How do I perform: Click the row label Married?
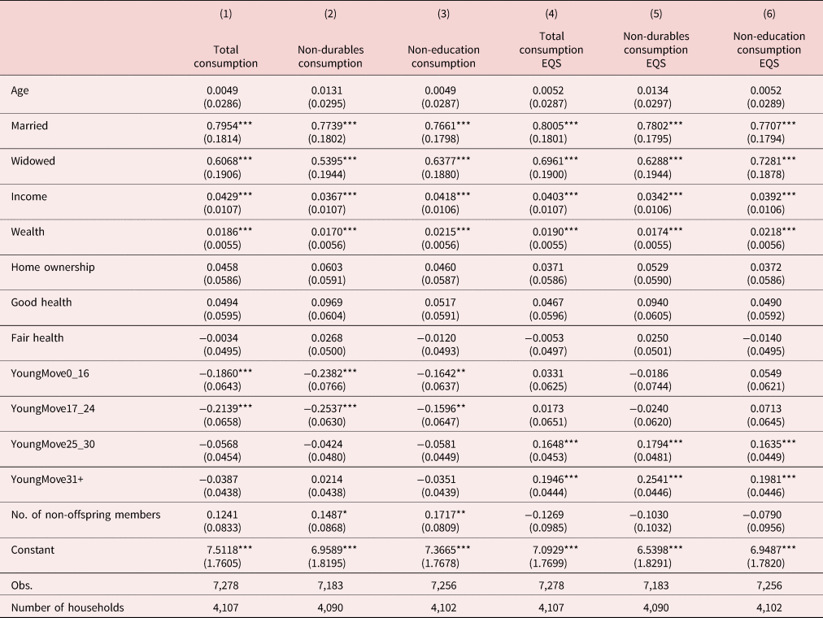tap(29, 126)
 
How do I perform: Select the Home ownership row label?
tap(53, 267)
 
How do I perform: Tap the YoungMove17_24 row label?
tap(53, 409)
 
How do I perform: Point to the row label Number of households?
tap(67, 607)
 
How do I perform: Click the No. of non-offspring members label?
tap(85, 515)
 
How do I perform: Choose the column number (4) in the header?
tap(551, 14)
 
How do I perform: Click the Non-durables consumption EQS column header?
tap(656, 50)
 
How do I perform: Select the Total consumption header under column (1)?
tap(226, 57)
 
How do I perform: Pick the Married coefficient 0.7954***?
tap(229, 126)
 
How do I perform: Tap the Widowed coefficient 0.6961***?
tap(555, 161)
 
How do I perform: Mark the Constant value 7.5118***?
tap(229, 550)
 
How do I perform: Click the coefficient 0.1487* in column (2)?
tap(329, 515)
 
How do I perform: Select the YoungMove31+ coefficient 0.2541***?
tap(660, 480)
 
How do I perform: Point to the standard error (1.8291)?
tap(652, 564)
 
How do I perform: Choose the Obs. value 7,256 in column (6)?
tap(769, 585)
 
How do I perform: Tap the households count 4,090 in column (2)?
tap(330, 607)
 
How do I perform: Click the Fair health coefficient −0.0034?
tap(219, 337)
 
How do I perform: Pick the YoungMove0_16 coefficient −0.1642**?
tap(441, 373)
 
